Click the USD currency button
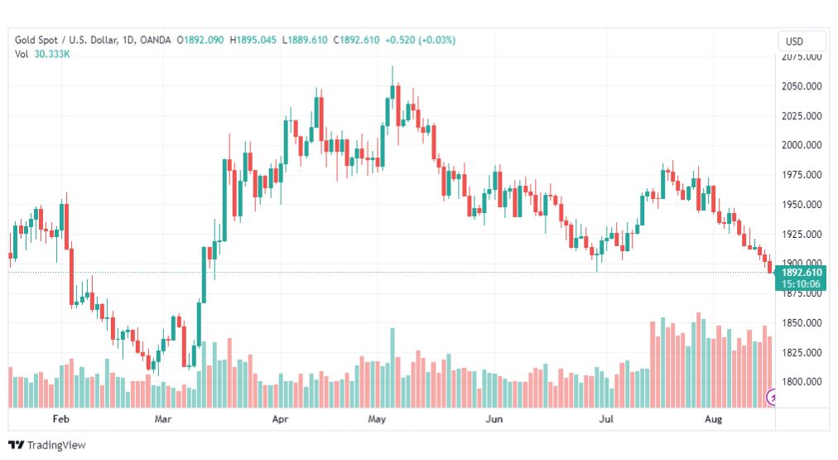point(802,41)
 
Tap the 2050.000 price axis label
point(801,86)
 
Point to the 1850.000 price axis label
point(801,322)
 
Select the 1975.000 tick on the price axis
point(801,175)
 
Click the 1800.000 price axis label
point(801,382)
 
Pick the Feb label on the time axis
point(60,419)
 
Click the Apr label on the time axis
point(282,419)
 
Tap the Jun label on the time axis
point(494,419)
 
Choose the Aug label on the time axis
point(713,419)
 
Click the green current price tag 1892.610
point(801,273)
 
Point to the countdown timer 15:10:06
point(801,283)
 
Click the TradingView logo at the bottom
point(46,445)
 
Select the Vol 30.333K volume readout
point(41,54)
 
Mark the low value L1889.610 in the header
point(305,40)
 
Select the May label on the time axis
point(378,419)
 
